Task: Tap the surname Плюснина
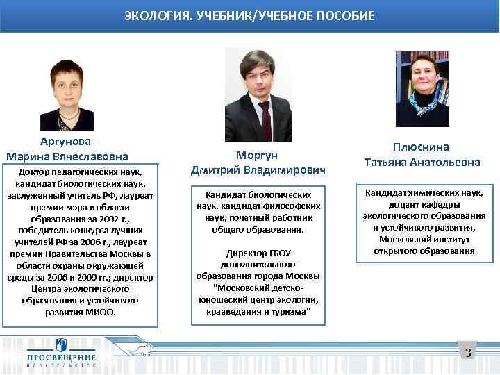coord(422,147)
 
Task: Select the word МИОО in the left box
coord(103,312)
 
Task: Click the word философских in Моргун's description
coord(294,206)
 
